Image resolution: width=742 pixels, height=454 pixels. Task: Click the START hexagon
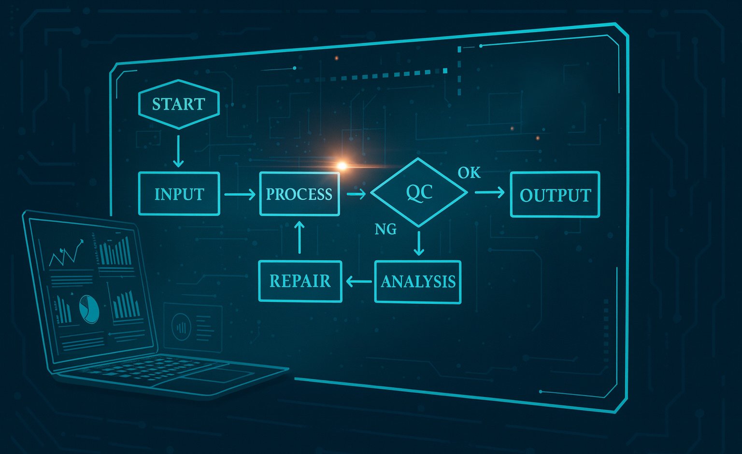tap(179, 104)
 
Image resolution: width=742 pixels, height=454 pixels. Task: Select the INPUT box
tap(179, 194)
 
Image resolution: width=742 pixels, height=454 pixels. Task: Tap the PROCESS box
tap(300, 194)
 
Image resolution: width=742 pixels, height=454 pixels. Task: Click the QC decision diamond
tap(419, 192)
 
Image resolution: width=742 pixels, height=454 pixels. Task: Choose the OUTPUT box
tap(555, 195)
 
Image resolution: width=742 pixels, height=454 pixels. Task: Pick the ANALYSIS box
tap(418, 282)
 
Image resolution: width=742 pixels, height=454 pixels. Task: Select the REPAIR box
tap(300, 281)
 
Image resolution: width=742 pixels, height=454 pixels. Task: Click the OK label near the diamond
tap(469, 172)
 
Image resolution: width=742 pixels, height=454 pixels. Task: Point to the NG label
tap(385, 229)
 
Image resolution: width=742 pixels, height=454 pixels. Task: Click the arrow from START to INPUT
tap(178, 151)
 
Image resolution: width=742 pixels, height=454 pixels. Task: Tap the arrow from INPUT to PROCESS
tap(240, 195)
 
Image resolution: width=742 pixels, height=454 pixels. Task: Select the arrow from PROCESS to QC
tap(356, 194)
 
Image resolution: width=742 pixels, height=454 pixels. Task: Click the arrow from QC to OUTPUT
tap(489, 193)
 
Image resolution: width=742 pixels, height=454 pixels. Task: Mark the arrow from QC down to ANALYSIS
tap(419, 243)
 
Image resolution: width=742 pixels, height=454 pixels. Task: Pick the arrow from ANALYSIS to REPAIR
tap(358, 282)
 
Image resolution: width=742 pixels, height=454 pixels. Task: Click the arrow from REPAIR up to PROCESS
tap(300, 237)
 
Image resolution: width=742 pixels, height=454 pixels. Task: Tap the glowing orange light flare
tap(342, 166)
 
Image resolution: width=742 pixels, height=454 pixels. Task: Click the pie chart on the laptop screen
tap(89, 309)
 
